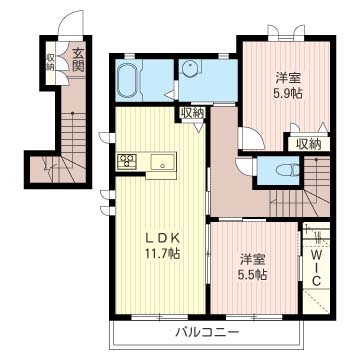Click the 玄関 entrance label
click(x=78, y=60)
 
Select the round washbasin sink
click(x=190, y=69)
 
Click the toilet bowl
click(x=288, y=171)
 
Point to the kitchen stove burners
click(x=126, y=161)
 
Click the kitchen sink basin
click(x=163, y=162)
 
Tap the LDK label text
click(x=163, y=238)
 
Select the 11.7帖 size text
click(x=162, y=254)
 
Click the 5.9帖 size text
click(x=289, y=93)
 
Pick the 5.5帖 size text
click(x=252, y=274)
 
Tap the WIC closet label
click(x=316, y=268)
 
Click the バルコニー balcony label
click(x=207, y=332)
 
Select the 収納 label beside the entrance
click(x=50, y=62)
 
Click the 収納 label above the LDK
click(x=192, y=113)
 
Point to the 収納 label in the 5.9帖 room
click(x=309, y=144)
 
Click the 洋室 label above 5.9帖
click(x=289, y=78)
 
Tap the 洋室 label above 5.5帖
click(x=252, y=259)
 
